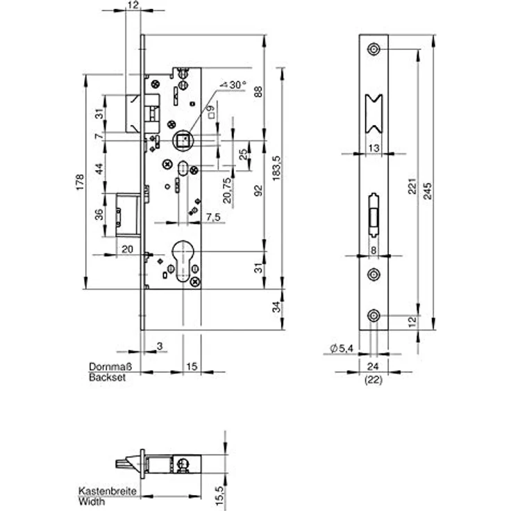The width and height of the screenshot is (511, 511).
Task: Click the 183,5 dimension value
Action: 276,168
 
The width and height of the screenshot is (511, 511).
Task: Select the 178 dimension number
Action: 80,182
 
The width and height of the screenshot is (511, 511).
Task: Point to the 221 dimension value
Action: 412,186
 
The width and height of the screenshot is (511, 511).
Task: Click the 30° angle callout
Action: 233,85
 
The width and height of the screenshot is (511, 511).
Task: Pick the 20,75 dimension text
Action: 227,191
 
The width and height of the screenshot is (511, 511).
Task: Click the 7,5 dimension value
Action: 213,217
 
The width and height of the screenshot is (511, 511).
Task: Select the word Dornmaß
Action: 110,367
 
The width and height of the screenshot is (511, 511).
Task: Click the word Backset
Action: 107,378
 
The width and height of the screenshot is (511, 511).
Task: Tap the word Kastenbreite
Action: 107,491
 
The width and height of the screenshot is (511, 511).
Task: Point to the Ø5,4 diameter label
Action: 342,349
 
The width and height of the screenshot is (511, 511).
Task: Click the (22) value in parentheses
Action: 374,380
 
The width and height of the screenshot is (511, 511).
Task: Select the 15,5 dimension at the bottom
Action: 219,496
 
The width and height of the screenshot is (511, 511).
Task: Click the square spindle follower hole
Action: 183,140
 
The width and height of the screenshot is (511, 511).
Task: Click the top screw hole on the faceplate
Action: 374,49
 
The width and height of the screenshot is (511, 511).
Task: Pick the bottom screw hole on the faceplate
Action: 374,315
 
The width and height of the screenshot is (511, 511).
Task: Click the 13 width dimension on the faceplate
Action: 374,149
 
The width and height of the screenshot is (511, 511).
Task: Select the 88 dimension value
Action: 258,92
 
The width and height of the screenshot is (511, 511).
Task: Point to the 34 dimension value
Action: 277,307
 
